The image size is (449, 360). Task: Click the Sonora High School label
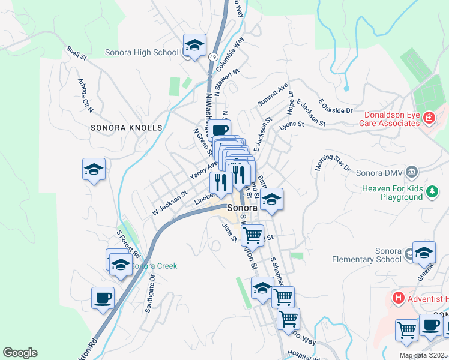click(142, 52)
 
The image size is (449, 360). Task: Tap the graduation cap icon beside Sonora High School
click(194, 46)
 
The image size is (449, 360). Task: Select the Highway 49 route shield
click(214, 56)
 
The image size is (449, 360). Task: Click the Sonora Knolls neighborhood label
click(127, 128)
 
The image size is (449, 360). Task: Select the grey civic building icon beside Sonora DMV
click(412, 173)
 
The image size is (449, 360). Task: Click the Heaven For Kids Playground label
click(392, 193)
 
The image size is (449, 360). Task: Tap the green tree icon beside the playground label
click(432, 192)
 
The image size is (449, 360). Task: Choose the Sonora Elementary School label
click(367, 254)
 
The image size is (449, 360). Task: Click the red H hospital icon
click(397, 297)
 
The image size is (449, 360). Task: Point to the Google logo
click(20, 353)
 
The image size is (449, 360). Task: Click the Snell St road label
click(77, 53)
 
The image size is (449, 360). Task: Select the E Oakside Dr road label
click(336, 106)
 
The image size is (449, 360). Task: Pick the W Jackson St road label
click(170, 202)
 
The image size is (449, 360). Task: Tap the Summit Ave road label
click(273, 95)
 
